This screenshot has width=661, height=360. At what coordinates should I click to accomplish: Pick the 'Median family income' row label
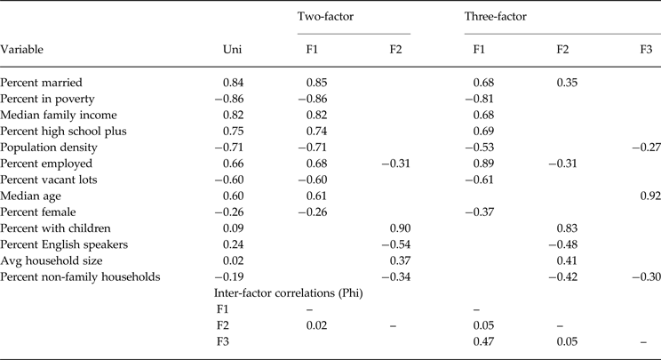pyautogui.click(x=59, y=114)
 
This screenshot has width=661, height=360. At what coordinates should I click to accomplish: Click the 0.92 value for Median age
pyautogui.click(x=649, y=195)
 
